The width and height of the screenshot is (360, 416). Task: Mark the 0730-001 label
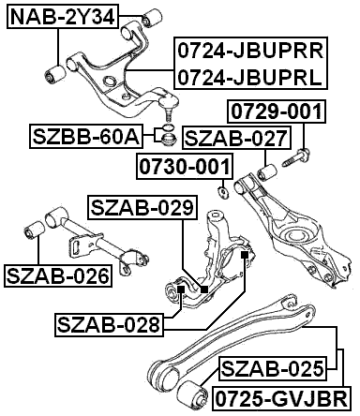click(185, 168)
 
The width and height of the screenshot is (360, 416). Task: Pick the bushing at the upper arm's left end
click(55, 73)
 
